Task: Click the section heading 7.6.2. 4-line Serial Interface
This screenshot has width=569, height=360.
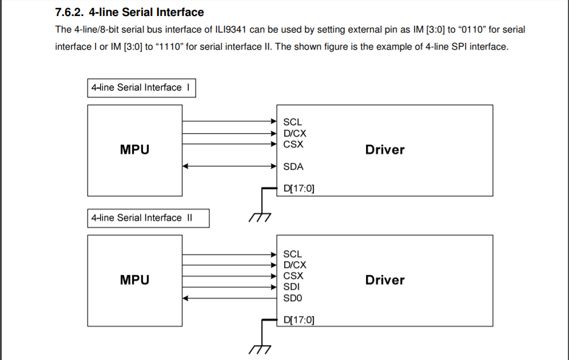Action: coord(129,12)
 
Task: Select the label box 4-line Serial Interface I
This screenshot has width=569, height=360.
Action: coord(141,88)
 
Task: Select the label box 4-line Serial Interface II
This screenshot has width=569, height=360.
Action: coord(148,218)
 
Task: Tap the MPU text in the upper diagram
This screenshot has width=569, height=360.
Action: coord(134,150)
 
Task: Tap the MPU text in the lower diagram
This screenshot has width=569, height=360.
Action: coord(134,280)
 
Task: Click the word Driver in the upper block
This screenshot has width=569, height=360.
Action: coord(384,150)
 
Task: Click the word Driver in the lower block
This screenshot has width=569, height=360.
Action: coord(384,280)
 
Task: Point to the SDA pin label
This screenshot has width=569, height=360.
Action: coord(293,167)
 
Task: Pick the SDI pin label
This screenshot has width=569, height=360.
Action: coord(292,287)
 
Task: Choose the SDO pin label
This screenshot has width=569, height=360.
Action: coord(293,298)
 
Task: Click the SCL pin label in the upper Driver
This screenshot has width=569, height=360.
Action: coord(292,122)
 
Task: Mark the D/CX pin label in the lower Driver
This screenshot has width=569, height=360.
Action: coord(295,265)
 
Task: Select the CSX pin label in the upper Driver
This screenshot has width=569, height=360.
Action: coord(293,144)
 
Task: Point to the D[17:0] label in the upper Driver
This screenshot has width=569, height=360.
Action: coord(299,188)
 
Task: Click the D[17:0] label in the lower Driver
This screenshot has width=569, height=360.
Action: coord(299,320)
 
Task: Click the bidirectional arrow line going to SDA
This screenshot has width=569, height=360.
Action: coord(229,166)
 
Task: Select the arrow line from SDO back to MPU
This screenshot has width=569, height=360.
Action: coord(229,298)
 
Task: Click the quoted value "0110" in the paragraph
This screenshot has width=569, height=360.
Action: coord(468,29)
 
